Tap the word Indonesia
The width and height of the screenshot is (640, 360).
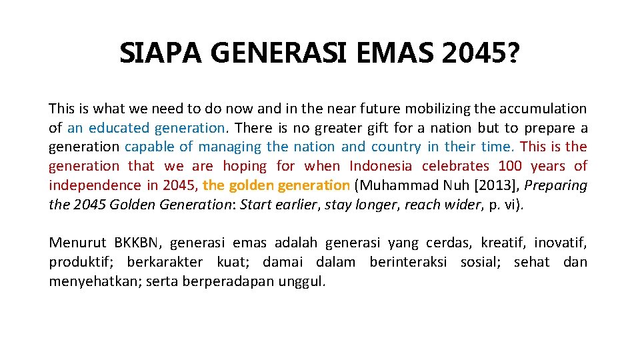coord(382,166)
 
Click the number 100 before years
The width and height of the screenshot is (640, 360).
coord(509,166)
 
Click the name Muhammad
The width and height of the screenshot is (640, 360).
coord(393,185)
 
